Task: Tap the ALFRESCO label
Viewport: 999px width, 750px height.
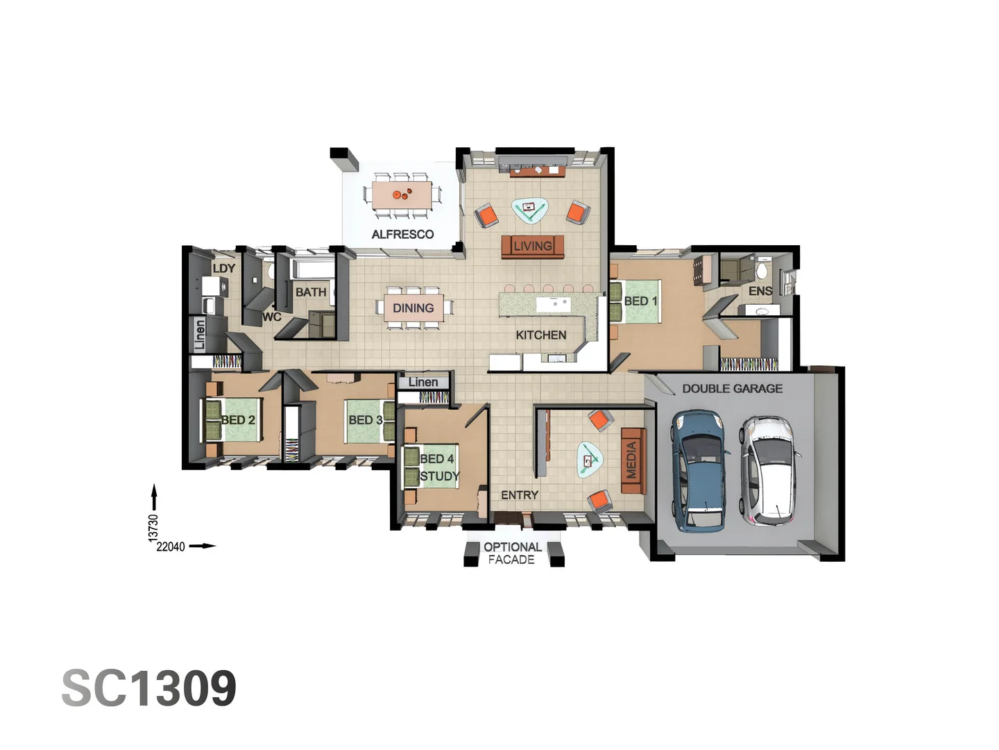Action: (x=402, y=234)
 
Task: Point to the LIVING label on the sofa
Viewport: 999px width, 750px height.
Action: (x=532, y=246)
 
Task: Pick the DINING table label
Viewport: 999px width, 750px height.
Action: (x=413, y=308)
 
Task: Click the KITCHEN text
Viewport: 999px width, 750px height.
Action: (x=540, y=335)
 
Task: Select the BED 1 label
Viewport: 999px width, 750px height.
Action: (x=640, y=301)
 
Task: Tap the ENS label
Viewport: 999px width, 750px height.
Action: (x=760, y=291)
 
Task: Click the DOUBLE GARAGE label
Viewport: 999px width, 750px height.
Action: (x=732, y=389)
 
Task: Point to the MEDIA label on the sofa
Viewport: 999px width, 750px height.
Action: (x=631, y=460)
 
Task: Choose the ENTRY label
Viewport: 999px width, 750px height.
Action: (x=519, y=494)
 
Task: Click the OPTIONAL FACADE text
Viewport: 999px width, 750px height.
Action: (x=512, y=553)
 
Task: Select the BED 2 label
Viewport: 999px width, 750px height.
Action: (x=238, y=419)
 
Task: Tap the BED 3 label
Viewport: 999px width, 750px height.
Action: (x=365, y=419)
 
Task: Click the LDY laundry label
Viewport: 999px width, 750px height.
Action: (x=223, y=268)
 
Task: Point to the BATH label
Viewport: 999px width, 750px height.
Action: (x=310, y=292)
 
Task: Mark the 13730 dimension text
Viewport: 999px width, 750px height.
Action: (x=153, y=527)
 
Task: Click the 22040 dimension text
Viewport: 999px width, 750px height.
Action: (x=171, y=547)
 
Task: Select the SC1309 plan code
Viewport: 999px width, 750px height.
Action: (x=149, y=688)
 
